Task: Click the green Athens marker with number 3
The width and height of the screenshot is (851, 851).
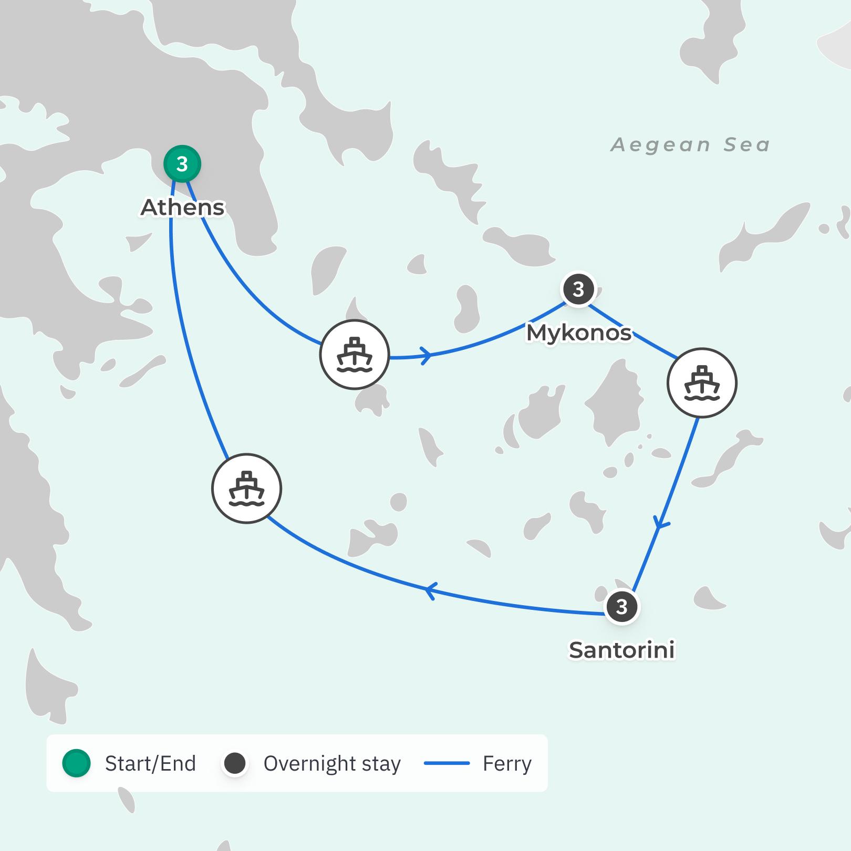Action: pos(182,164)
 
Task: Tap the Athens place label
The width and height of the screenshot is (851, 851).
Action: pos(182,207)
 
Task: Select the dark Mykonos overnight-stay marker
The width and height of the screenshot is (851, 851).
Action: pos(578,289)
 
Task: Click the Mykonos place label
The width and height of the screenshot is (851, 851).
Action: pos(578,333)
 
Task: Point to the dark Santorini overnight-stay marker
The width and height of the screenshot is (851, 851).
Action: pos(622,607)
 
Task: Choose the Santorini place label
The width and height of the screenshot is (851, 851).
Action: pos(622,650)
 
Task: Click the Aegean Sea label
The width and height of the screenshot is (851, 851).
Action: pos(690,144)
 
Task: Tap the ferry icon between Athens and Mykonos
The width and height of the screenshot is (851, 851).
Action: pos(355,354)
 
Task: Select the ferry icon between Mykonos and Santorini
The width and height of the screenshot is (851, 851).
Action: pos(702,382)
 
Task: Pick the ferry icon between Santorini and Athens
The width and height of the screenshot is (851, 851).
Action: pos(246,489)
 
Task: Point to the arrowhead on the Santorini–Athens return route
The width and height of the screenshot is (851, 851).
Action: pos(430,591)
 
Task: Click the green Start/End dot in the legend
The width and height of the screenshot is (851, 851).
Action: pos(77,763)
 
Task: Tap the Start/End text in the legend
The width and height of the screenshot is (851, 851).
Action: pos(150,763)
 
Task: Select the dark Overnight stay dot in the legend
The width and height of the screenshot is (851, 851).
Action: pos(235,763)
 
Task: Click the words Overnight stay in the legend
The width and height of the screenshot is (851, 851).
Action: pos(332,763)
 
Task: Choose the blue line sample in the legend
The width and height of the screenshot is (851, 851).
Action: pos(447,763)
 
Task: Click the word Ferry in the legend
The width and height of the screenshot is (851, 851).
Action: pos(507,763)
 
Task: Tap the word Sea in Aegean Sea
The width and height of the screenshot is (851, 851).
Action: pos(746,144)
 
